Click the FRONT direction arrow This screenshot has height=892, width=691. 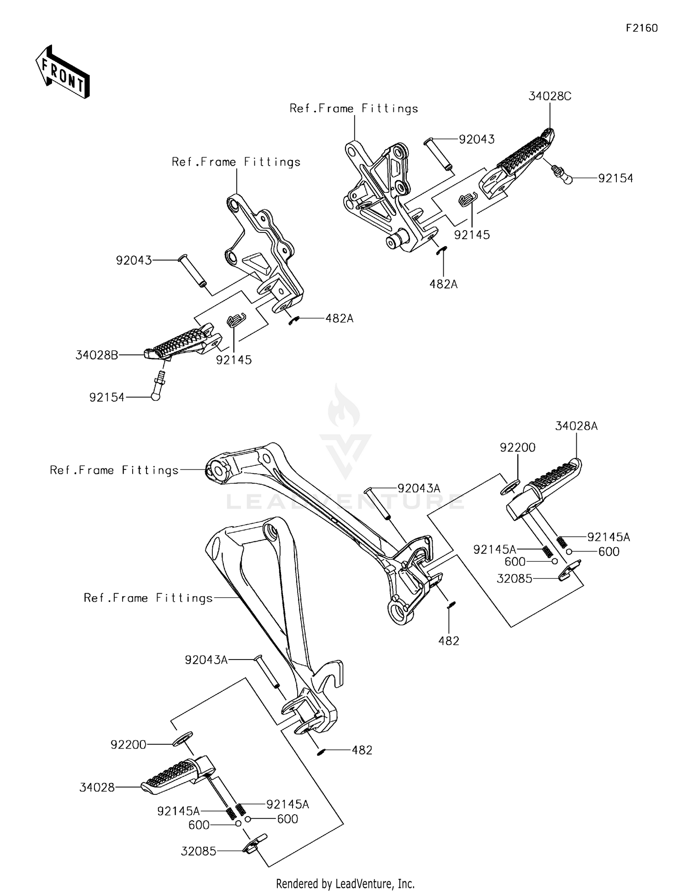point(62,73)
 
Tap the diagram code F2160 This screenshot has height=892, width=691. point(642,28)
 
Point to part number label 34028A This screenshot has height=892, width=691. point(576,426)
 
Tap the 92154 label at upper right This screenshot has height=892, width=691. point(615,179)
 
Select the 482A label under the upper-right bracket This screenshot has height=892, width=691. point(443,284)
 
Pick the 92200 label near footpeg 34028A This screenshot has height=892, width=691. point(518,447)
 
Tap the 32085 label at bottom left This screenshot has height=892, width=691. point(198,851)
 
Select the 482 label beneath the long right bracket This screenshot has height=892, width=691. point(449,641)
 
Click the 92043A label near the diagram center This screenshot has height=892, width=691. point(419,488)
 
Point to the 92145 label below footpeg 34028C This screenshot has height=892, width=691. point(472,235)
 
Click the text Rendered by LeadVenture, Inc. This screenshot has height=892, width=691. point(345,883)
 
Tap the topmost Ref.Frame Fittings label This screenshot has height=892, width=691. point(354,109)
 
